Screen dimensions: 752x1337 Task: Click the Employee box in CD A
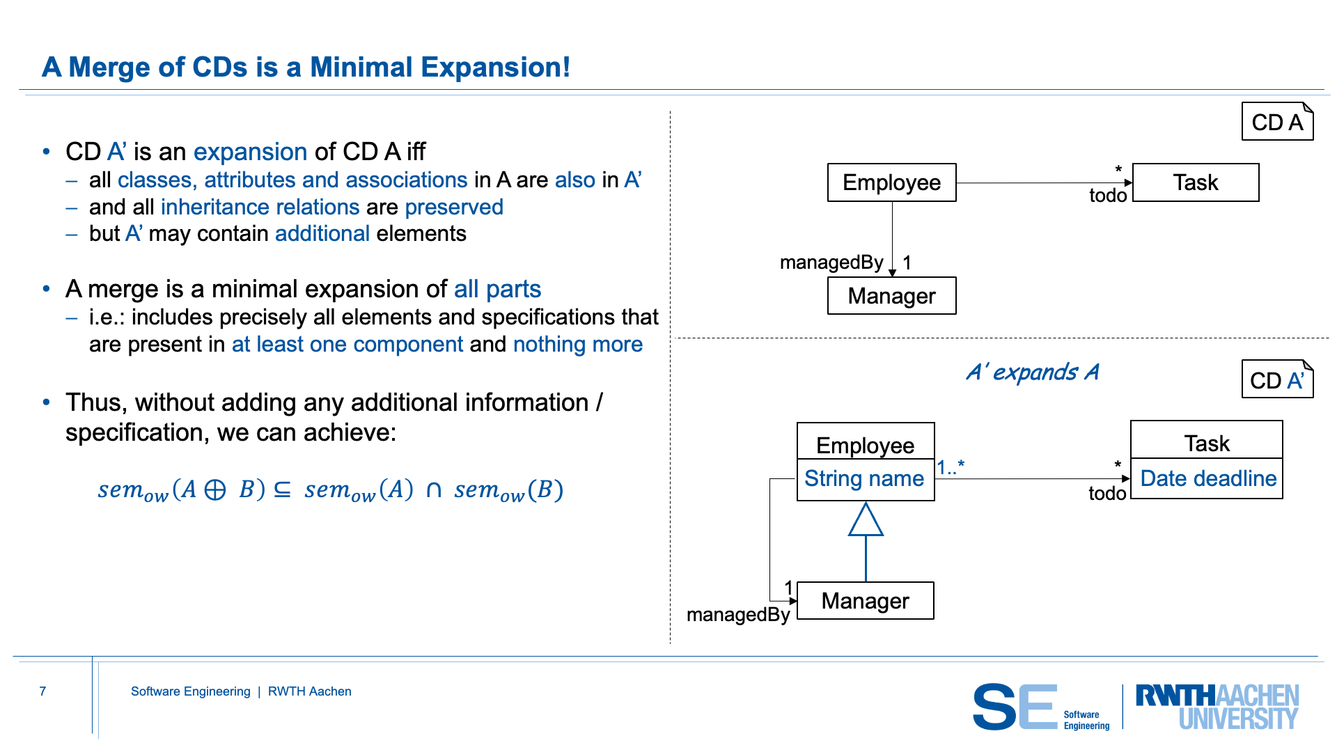point(891,182)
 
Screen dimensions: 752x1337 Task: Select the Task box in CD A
point(1196,182)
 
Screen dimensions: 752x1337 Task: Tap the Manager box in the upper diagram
point(891,296)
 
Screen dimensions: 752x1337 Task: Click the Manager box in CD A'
point(865,600)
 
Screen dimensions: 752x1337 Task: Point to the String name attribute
point(864,479)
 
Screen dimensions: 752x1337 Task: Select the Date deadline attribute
point(1207,479)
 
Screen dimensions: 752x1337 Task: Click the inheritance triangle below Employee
point(866,520)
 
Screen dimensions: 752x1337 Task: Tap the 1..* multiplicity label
point(951,467)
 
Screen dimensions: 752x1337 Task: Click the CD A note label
point(1277,122)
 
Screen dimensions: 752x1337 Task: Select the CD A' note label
point(1277,380)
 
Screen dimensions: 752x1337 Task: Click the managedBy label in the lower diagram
point(738,615)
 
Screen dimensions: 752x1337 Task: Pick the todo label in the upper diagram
point(1108,196)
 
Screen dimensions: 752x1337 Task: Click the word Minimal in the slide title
point(361,68)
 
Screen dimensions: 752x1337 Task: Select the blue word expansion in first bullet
point(250,152)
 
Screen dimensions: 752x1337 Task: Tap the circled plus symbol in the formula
point(215,490)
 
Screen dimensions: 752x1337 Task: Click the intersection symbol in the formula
point(434,490)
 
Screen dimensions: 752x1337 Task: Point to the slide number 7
point(42,691)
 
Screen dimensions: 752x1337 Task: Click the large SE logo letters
point(1015,707)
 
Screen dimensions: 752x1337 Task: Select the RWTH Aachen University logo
point(1217,707)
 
